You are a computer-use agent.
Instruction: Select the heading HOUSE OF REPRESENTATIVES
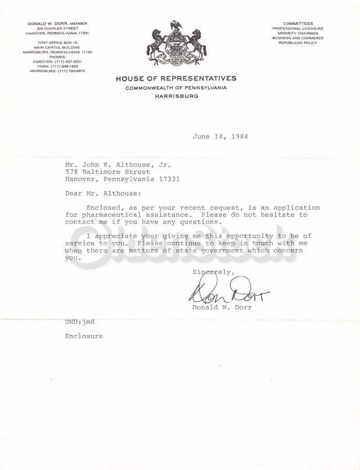(176, 78)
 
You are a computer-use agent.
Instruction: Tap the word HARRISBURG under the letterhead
(176, 96)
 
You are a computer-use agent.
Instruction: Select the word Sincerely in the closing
(213, 272)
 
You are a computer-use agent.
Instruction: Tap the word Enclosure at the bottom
(84, 336)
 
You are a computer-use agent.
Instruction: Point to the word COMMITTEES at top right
(298, 23)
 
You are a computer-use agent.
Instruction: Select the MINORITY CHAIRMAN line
(298, 33)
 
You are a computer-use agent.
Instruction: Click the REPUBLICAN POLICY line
(298, 43)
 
